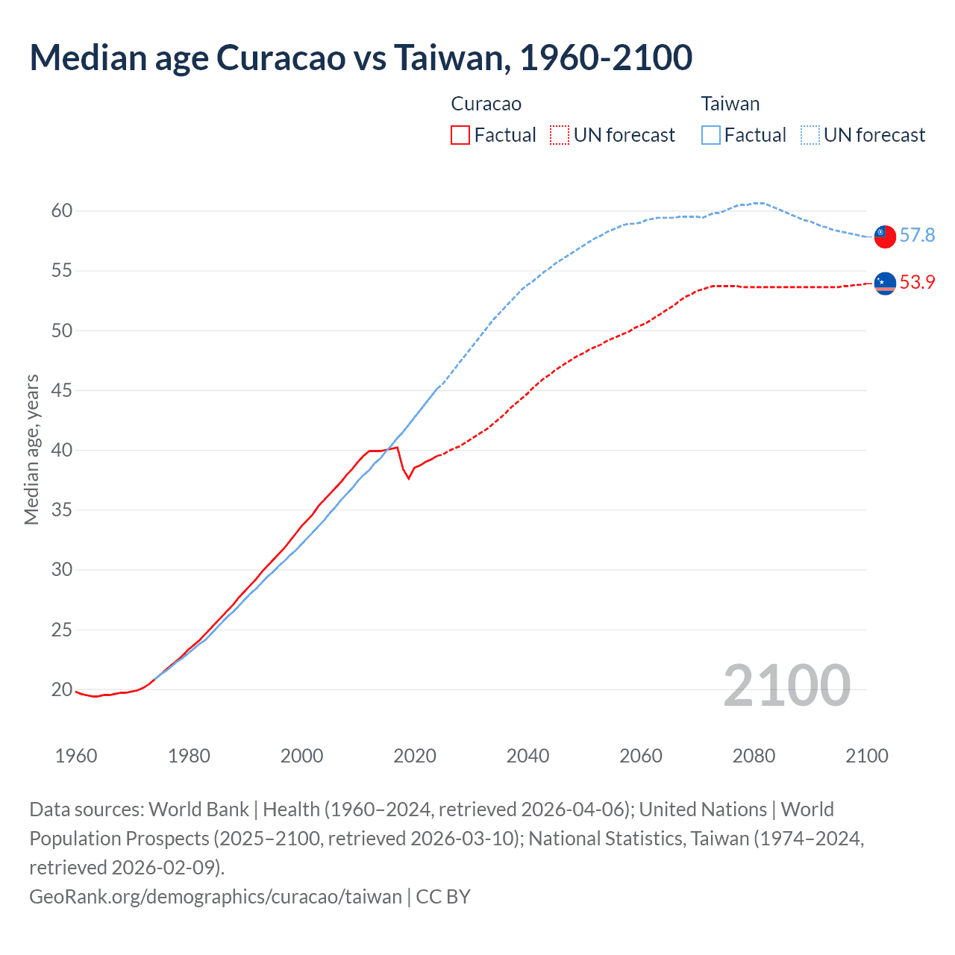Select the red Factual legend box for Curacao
pyautogui.click(x=460, y=135)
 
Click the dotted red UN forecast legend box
pyautogui.click(x=560, y=135)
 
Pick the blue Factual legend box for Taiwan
pyautogui.click(x=711, y=135)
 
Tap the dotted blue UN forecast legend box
pyautogui.click(x=810, y=135)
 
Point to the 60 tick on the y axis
pyautogui.click(x=62, y=211)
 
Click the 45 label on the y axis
pyautogui.click(x=62, y=390)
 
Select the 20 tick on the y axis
pyautogui.click(x=62, y=689)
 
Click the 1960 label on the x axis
pyautogui.click(x=76, y=756)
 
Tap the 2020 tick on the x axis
pyautogui.click(x=415, y=756)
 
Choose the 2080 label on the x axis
pyautogui.click(x=754, y=756)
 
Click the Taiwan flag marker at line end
pyautogui.click(x=885, y=236)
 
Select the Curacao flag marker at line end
pyautogui.click(x=885, y=283)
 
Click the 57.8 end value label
pyautogui.click(x=917, y=236)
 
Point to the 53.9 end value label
pyautogui.click(x=917, y=283)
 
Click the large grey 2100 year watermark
pyautogui.click(x=786, y=686)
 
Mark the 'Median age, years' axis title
pyautogui.click(x=31, y=450)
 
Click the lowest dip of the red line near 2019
pyautogui.click(x=408, y=478)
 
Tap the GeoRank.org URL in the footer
pyautogui.click(x=215, y=896)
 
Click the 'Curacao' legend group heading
pyautogui.click(x=486, y=104)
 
